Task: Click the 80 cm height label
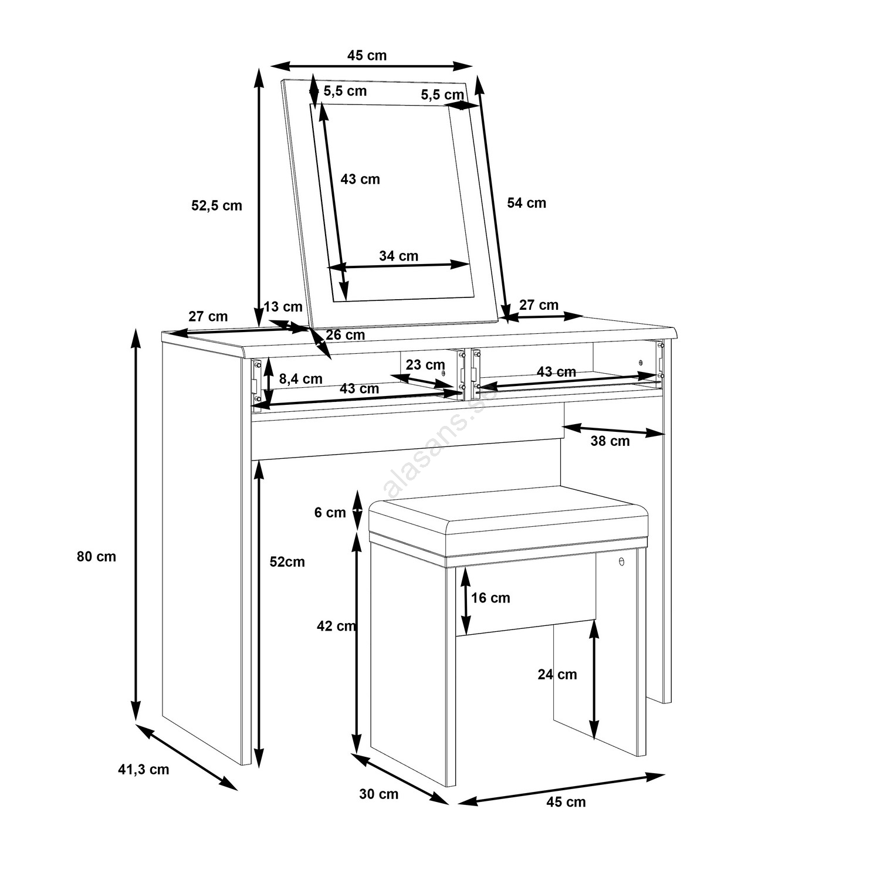96,556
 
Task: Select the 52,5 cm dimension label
216,205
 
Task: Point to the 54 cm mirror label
526,203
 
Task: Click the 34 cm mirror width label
398,256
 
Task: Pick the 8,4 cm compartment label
301,379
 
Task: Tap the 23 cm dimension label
425,365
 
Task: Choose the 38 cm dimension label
610,441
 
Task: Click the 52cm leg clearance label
287,562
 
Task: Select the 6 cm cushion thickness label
330,513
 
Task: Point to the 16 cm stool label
490,598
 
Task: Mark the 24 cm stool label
557,675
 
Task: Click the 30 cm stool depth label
378,794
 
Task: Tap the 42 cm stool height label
336,627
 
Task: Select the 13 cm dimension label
283,307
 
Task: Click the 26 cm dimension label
345,335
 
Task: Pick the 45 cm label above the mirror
367,56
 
